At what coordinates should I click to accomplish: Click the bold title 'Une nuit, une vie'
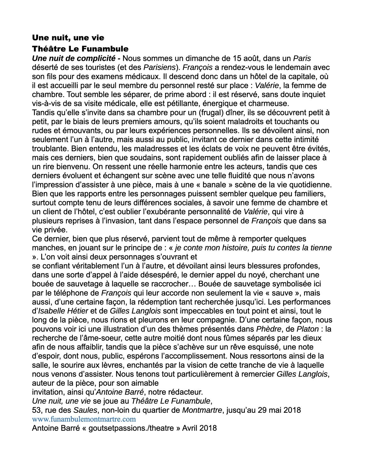(x=68, y=38)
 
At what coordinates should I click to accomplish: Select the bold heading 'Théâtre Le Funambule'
(x=80, y=49)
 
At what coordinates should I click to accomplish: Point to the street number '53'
(x=36, y=411)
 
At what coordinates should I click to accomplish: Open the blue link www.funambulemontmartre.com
(x=84, y=419)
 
